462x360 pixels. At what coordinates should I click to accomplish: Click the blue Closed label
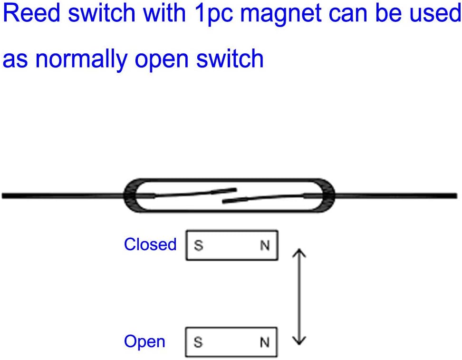150,244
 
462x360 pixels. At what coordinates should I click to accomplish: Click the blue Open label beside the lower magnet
144,342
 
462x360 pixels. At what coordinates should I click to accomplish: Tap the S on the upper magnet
199,246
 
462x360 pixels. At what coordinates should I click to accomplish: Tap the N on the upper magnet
265,246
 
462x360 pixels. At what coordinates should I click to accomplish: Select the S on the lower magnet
199,342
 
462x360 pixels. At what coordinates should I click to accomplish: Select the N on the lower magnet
265,342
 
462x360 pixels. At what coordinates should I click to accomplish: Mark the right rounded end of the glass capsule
331,195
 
